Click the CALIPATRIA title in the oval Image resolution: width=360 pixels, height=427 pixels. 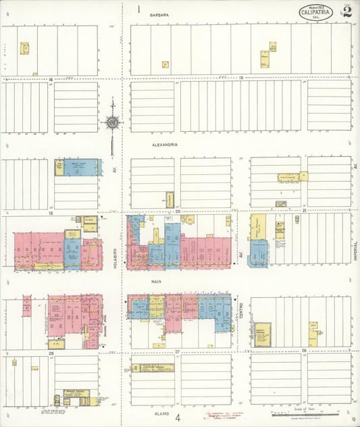317,12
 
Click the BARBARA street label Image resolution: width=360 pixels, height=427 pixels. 159,14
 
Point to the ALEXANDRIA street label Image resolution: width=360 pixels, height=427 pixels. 164,144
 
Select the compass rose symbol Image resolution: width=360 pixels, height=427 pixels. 112,123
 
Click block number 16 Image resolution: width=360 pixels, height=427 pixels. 51,80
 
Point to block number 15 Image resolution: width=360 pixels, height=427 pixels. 240,79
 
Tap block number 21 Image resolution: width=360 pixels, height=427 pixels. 305,211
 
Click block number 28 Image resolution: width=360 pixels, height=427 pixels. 51,352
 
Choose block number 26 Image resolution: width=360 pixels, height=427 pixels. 305,350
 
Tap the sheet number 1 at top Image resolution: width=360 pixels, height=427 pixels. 138,9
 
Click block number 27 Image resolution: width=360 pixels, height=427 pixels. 178,351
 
